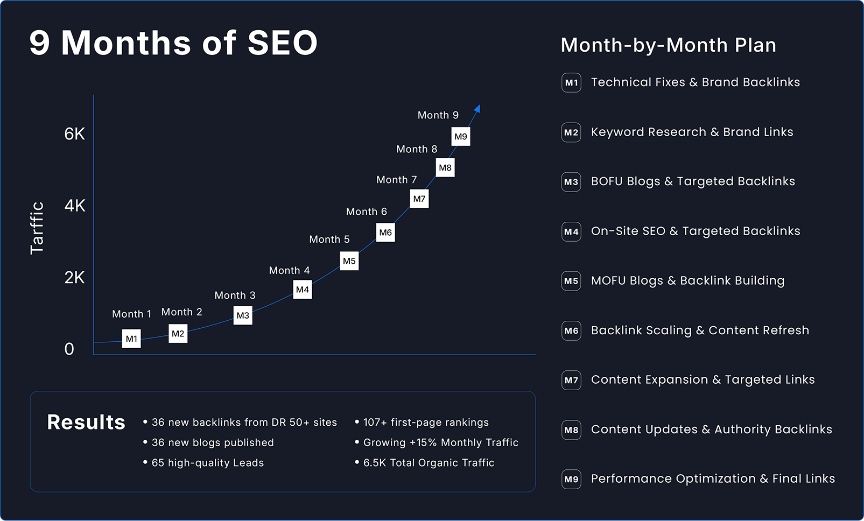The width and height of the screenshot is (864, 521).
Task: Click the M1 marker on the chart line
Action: [131, 339]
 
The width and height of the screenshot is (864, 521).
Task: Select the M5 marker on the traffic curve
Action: [349, 261]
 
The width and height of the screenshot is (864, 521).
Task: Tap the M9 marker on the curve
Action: [461, 136]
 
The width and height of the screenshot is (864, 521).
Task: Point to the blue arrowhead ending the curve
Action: [477, 109]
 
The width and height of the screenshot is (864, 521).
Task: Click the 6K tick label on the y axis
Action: [75, 134]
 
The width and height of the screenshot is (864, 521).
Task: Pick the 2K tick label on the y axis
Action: [75, 278]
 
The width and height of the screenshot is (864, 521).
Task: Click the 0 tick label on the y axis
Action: [69, 349]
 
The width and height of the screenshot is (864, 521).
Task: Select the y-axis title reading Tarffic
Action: [37, 228]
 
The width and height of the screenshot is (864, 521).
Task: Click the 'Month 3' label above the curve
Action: [235, 295]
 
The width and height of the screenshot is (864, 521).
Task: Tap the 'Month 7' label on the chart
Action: [396, 180]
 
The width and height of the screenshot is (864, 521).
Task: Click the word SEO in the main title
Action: [283, 43]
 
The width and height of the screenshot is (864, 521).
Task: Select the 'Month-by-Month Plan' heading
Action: [668, 45]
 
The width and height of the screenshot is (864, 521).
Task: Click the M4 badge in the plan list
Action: [571, 231]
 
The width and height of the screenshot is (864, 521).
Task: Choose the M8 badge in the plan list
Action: [571, 430]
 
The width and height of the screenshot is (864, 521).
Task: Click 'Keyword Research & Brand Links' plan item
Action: [692, 132]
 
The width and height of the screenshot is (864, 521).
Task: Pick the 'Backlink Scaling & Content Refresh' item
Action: [700, 330]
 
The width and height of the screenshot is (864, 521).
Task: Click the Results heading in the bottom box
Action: [86, 423]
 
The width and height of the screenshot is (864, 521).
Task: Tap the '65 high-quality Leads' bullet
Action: [207, 463]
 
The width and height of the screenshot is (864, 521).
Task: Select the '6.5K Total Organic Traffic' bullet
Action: [429, 463]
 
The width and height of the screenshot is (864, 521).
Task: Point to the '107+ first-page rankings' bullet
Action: [426, 423]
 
